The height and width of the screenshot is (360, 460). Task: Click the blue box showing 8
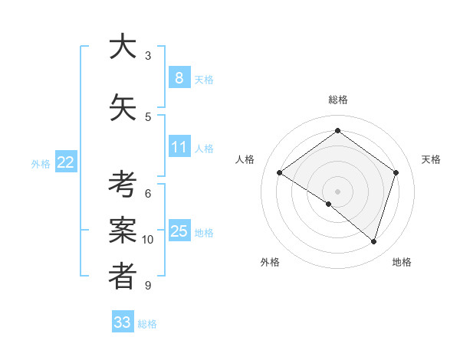pos(179,77)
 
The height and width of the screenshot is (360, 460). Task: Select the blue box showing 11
pos(179,146)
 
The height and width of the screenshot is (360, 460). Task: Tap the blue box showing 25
pos(179,231)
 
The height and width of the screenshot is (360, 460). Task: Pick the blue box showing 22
pos(66,162)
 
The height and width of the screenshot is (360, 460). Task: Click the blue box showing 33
pos(122,322)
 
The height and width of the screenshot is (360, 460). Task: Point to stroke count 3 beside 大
pos(148,55)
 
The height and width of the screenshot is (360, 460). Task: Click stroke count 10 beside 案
pos(148,240)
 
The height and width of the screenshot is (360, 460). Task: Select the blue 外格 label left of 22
pos(41,163)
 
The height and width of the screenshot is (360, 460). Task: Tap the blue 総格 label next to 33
pos(147,324)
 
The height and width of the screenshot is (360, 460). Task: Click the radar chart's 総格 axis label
pos(337,100)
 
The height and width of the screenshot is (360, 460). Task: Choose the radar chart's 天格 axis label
pos(432,159)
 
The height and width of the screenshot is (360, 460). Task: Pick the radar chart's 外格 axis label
pos(270,262)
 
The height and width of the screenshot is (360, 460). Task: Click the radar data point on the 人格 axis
pos(280,173)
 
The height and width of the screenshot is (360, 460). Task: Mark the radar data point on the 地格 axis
pos(373,241)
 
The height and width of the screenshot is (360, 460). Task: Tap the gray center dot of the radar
pos(337,191)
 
